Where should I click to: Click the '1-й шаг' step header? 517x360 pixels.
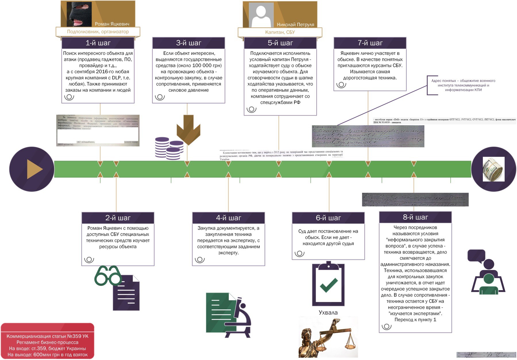(98, 43)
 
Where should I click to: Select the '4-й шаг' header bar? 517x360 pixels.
(228, 218)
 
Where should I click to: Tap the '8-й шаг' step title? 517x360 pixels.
(415, 217)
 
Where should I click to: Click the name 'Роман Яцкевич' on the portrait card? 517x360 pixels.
(112, 24)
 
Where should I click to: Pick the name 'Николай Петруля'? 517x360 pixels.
(295, 25)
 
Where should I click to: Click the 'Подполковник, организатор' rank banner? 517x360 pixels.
(98, 32)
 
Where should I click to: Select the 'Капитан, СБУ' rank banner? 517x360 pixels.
(280, 32)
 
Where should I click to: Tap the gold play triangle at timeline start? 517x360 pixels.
(34, 169)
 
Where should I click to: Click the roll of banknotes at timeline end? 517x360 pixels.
(493, 169)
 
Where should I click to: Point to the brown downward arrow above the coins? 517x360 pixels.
(188, 129)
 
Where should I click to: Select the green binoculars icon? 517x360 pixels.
(108, 276)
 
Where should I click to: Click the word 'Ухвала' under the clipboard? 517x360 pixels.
(328, 313)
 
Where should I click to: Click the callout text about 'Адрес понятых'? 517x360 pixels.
(463, 85)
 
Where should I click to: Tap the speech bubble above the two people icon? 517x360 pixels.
(476, 256)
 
